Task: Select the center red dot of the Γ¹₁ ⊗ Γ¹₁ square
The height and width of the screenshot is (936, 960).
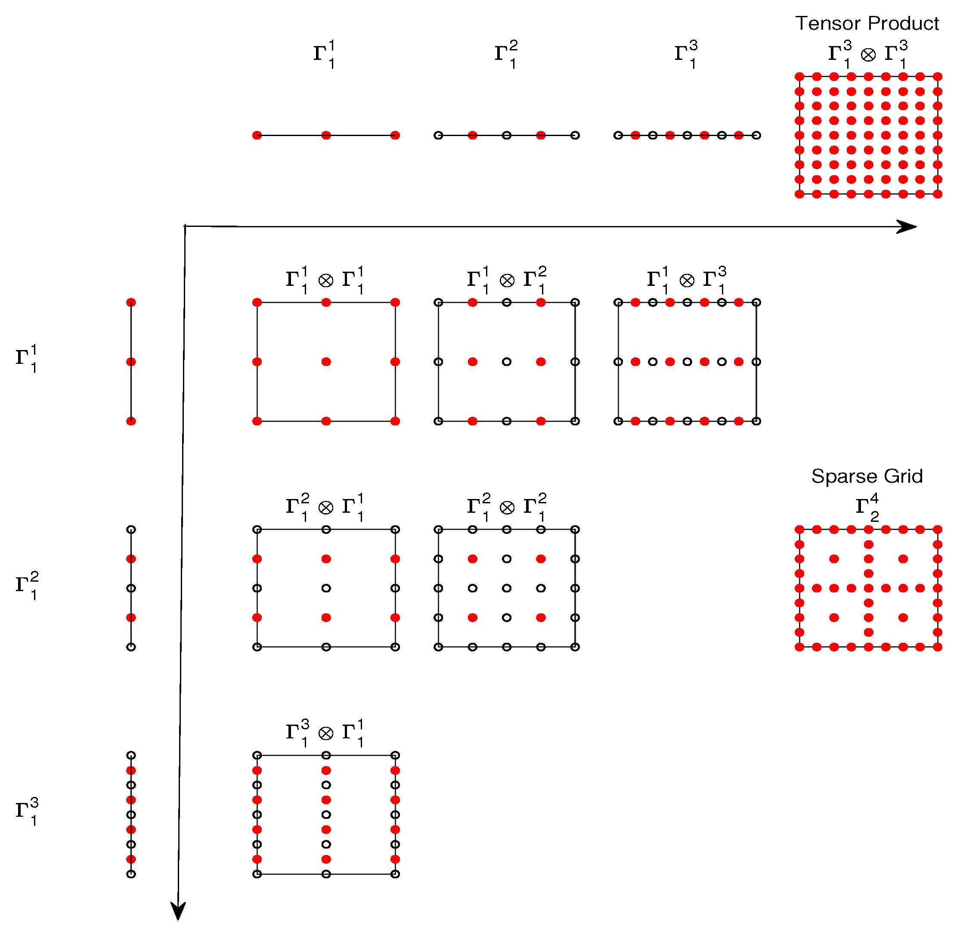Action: pos(326,362)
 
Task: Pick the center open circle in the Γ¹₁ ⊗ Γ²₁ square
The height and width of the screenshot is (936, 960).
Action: pos(506,362)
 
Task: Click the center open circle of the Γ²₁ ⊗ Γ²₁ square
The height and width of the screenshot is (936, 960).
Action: pos(506,588)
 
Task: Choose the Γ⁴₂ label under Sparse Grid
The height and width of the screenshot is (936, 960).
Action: pos(867,507)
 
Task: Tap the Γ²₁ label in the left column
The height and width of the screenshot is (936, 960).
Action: pos(27,586)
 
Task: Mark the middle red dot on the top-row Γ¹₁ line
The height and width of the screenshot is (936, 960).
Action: pos(326,135)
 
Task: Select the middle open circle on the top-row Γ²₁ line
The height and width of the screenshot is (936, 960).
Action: pos(506,135)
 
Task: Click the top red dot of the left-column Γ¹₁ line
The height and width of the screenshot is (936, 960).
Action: pos(131,302)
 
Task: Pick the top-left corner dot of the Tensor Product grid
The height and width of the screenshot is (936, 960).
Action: pos(799,77)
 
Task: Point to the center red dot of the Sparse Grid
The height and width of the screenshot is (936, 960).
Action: pos(869,588)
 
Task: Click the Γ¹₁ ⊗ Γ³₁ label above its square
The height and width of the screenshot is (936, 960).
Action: pos(686,280)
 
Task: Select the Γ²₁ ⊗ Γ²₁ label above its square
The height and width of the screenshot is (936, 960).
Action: pos(506,507)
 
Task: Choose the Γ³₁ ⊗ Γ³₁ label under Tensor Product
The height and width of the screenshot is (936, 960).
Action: pos(867,54)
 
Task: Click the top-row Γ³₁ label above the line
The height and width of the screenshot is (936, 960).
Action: pos(686,54)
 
